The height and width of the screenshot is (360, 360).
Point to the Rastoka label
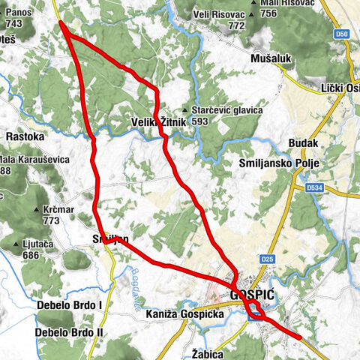pos(25,137)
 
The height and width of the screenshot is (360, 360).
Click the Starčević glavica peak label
pos(228,110)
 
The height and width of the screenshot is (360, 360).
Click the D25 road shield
pos(268,259)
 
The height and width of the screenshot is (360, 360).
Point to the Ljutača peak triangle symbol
pos(16,244)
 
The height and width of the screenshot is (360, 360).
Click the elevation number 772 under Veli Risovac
pos(236,25)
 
